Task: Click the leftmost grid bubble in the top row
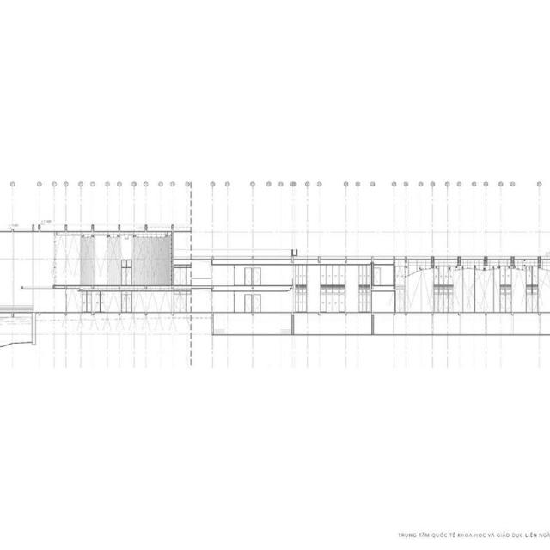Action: coord(13,184)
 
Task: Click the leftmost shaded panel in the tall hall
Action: coord(88,258)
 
